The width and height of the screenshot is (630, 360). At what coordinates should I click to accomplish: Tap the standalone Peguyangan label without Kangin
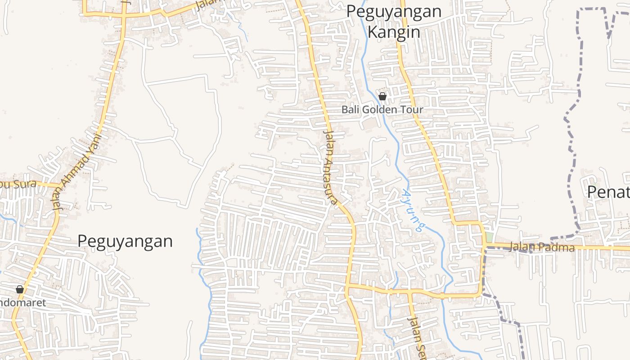pyautogui.click(x=125, y=241)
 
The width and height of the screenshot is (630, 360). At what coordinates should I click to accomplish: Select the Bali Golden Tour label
pyautogui.click(x=382, y=109)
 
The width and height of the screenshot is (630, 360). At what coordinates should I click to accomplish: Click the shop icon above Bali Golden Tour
pyautogui.click(x=382, y=96)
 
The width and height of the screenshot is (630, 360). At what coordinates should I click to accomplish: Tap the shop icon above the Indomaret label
pyautogui.click(x=20, y=289)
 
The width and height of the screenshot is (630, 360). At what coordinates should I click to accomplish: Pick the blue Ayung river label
pyautogui.click(x=413, y=211)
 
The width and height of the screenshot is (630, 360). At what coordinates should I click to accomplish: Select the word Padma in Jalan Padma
pyautogui.click(x=558, y=247)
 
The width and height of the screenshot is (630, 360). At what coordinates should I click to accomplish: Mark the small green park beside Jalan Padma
pyautogui.click(x=489, y=237)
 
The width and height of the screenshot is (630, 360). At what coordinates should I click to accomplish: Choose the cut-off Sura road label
pyautogui.click(x=18, y=184)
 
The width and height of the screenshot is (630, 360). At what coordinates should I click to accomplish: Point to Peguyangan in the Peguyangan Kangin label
pyautogui.click(x=394, y=12)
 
